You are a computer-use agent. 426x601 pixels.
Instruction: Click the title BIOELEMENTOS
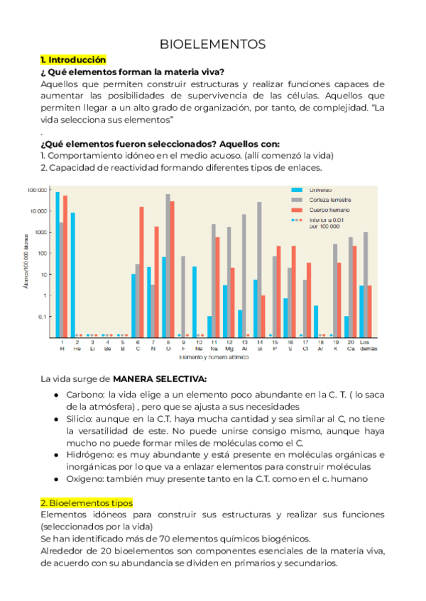click(x=213, y=44)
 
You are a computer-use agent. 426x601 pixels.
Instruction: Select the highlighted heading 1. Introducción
click(x=73, y=60)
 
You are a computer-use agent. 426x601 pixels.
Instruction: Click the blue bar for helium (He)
click(x=72, y=274)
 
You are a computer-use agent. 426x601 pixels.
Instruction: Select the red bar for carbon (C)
click(x=141, y=271)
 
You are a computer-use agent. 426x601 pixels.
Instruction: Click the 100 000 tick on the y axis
click(x=37, y=190)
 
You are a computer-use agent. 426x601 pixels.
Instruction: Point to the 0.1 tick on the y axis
click(x=41, y=317)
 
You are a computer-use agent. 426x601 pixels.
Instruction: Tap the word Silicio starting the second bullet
click(x=82, y=420)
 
